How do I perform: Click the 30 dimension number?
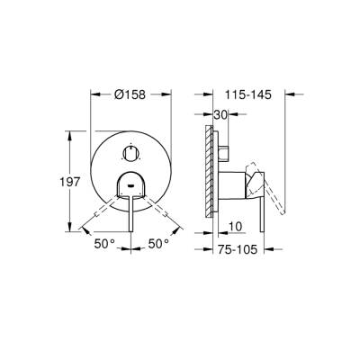(220, 114)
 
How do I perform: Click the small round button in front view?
(130, 150)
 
